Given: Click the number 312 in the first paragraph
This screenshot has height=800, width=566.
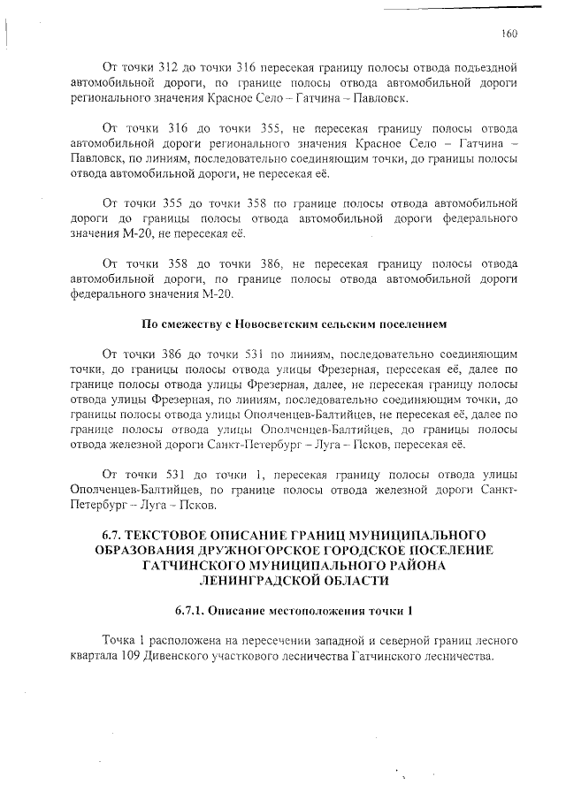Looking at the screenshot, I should point(168,67).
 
